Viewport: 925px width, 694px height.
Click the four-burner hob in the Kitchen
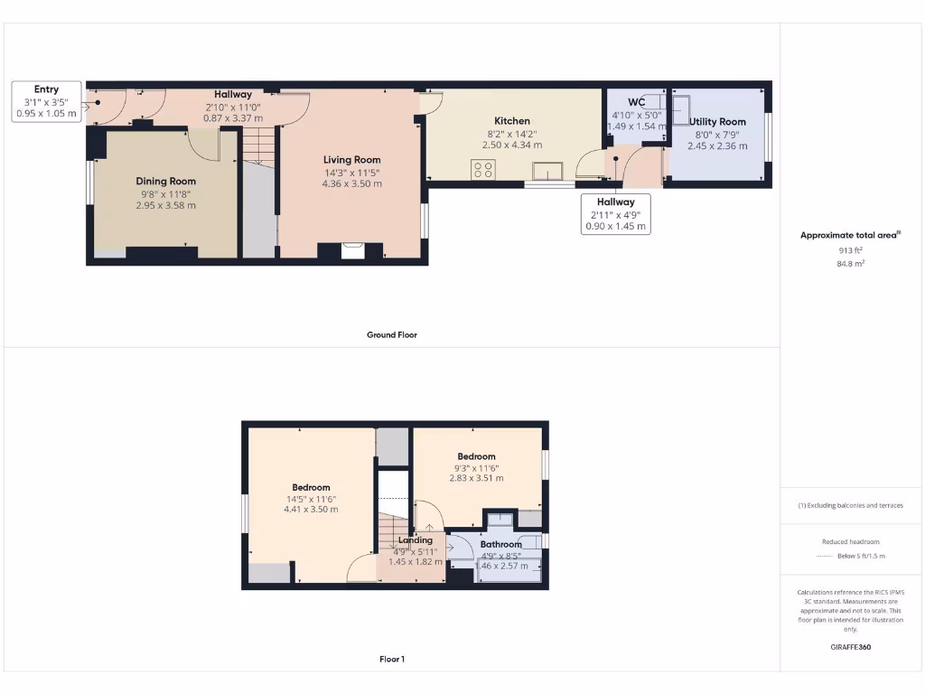coord(483,169)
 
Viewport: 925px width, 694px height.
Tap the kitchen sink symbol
coord(547,171)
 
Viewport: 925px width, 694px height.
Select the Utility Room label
coord(717,122)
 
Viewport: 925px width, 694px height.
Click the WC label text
coord(635,102)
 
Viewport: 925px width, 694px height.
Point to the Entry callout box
coord(47,101)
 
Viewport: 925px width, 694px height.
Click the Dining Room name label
coord(165,182)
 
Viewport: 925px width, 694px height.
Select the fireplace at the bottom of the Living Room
coord(353,250)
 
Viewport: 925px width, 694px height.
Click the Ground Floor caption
coord(391,334)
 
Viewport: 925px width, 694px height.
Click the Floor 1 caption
coord(391,660)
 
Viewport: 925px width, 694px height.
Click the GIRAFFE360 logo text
coord(850,647)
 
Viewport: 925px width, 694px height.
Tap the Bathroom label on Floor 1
coord(500,545)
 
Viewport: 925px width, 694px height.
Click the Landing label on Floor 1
coord(415,540)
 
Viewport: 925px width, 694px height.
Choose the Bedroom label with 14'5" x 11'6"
coord(311,488)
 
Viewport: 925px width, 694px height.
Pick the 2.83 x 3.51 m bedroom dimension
coord(476,479)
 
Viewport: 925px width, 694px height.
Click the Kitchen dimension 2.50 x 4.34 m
coord(512,145)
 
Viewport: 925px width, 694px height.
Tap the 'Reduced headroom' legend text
coord(850,542)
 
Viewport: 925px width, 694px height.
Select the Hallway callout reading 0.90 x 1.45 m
coord(615,227)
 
